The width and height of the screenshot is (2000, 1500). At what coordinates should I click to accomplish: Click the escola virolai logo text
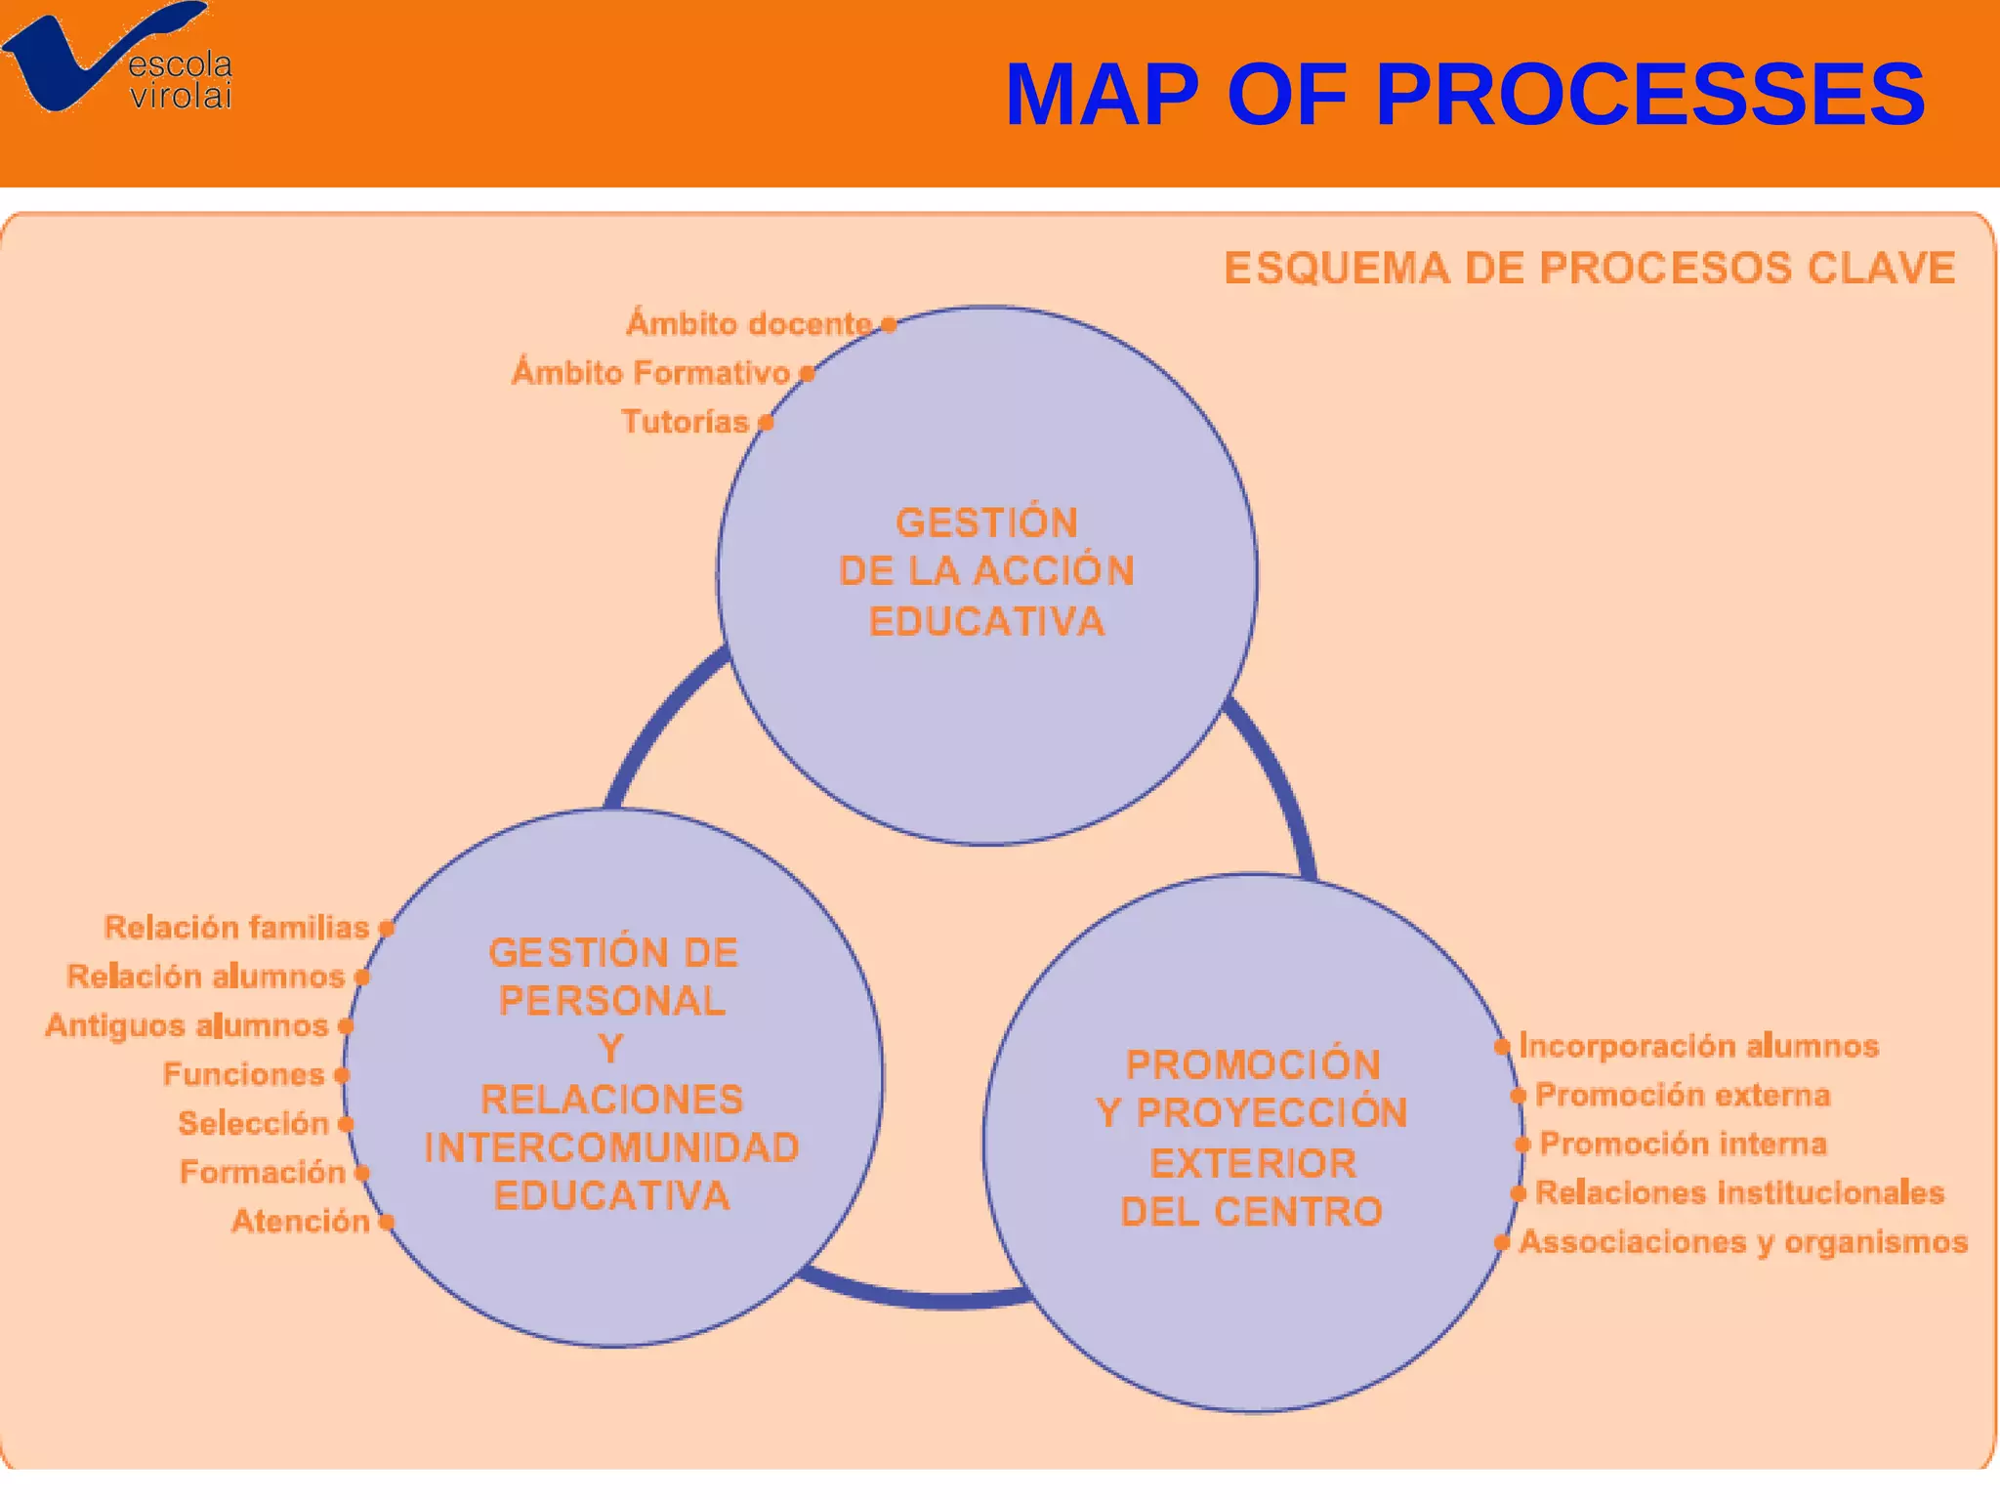(x=181, y=80)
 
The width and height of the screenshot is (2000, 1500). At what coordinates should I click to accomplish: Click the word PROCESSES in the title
(x=1649, y=95)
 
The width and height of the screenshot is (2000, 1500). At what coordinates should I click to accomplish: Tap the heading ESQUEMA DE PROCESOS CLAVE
(x=1589, y=269)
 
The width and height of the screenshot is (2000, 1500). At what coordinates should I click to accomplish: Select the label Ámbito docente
(x=749, y=323)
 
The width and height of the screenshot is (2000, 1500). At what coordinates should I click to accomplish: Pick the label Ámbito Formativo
(x=651, y=372)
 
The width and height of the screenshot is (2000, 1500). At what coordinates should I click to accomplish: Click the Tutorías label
(x=685, y=422)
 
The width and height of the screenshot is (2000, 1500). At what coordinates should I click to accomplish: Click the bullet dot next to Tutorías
(x=767, y=423)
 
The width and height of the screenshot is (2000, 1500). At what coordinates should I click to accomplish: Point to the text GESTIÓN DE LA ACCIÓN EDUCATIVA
(x=986, y=572)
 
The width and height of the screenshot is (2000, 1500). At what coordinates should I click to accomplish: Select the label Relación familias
(x=236, y=927)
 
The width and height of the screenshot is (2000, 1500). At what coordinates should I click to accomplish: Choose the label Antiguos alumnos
(x=187, y=1025)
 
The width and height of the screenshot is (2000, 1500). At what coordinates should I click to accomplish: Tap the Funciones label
(x=243, y=1074)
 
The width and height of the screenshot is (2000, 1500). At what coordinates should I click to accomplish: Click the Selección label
(x=253, y=1123)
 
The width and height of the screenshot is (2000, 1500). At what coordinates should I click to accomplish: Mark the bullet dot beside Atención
(x=387, y=1222)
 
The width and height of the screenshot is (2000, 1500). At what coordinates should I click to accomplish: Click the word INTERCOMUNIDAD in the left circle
(x=612, y=1147)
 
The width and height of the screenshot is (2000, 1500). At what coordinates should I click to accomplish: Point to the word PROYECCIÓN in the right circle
(x=1271, y=1113)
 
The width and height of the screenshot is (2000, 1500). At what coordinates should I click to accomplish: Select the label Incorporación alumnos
(x=1698, y=1046)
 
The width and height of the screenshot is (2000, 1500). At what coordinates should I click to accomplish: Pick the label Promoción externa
(x=1683, y=1095)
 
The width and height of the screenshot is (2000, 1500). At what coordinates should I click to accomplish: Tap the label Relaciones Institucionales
(x=1739, y=1192)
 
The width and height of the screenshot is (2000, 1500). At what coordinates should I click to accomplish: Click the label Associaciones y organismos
(x=1743, y=1242)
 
